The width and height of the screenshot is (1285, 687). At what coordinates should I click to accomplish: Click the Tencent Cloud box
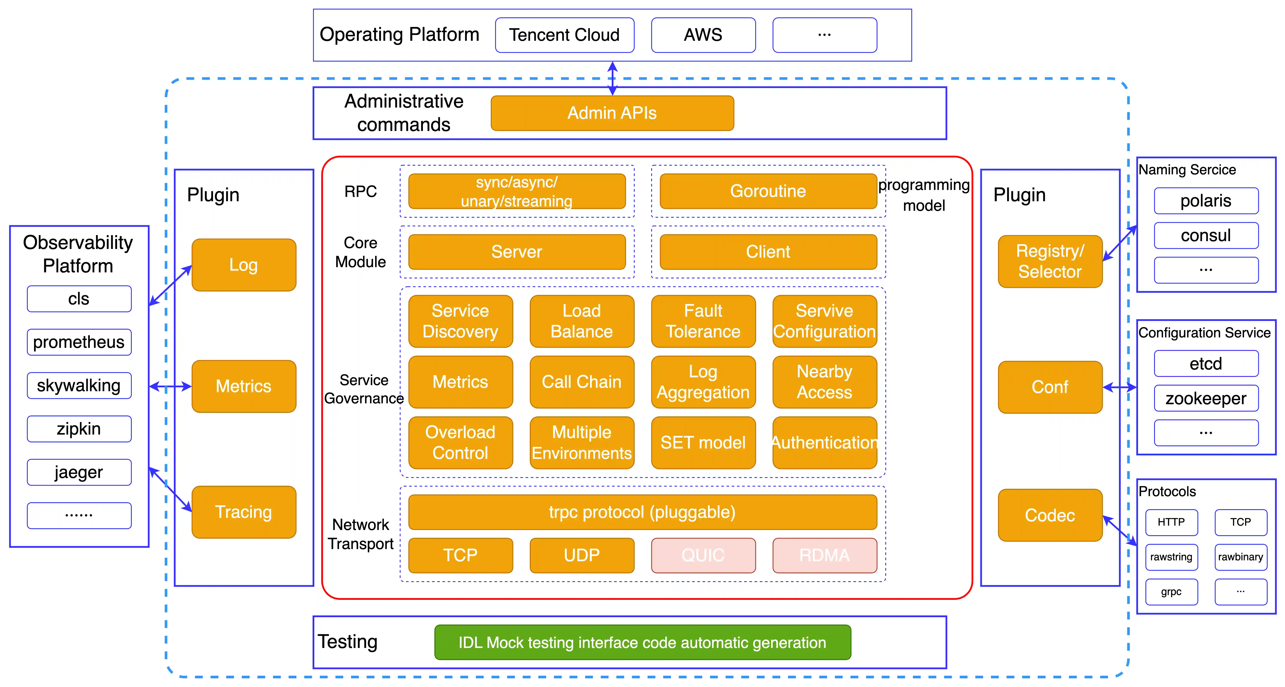(x=564, y=35)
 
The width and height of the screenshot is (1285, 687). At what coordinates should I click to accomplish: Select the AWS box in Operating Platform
(x=703, y=35)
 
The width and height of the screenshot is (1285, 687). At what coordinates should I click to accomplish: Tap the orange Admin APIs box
(x=612, y=113)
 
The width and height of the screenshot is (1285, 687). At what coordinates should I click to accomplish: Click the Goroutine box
(x=768, y=191)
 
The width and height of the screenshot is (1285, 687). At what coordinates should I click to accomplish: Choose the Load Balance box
(x=582, y=321)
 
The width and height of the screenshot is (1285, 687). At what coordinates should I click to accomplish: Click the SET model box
(x=703, y=443)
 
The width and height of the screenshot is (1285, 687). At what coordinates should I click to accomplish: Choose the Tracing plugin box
(x=243, y=512)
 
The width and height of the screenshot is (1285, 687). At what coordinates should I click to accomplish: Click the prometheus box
(x=79, y=342)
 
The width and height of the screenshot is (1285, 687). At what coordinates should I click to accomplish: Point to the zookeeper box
(x=1206, y=398)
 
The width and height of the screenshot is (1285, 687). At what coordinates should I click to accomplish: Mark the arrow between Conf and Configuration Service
(x=1119, y=387)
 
